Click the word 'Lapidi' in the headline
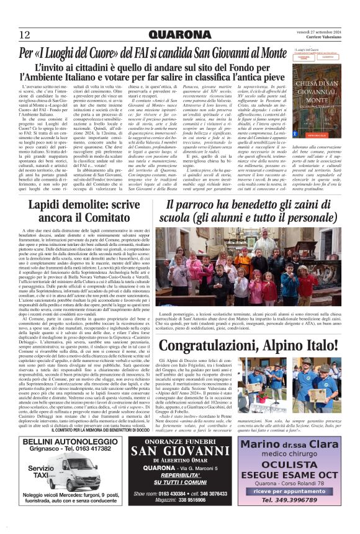tap(50, 206)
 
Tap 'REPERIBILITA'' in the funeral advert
tap(179, 469)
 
